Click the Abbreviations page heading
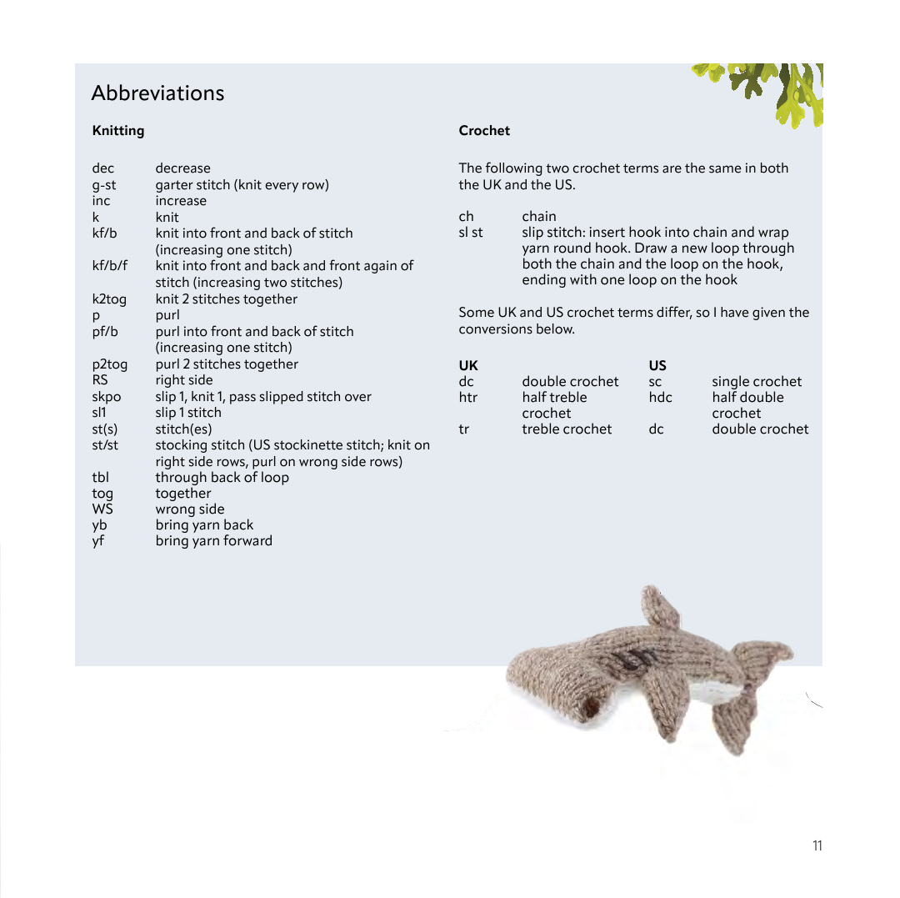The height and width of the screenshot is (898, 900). pyautogui.click(x=157, y=93)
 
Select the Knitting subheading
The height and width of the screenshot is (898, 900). pyautogui.click(x=117, y=130)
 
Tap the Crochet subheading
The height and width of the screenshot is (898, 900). pyautogui.click(x=484, y=130)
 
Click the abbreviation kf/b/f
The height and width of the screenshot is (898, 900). pyautogui.click(x=110, y=265)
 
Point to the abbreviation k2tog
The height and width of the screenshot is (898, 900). pyautogui.click(x=109, y=298)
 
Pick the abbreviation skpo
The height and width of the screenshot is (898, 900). pyautogui.click(x=106, y=396)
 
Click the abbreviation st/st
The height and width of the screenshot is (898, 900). pyautogui.click(x=105, y=444)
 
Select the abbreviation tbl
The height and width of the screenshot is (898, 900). pyautogui.click(x=100, y=477)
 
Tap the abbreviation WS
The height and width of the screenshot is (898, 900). pyautogui.click(x=102, y=509)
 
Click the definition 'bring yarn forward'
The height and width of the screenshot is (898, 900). pyautogui.click(x=213, y=540)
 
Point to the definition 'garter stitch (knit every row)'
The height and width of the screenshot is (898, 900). pyautogui.click(x=242, y=184)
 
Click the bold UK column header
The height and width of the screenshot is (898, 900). pyautogui.click(x=468, y=365)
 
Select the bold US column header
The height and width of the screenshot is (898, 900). pyautogui.click(x=657, y=365)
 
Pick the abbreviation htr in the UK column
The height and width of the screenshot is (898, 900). pyautogui.click(x=467, y=398)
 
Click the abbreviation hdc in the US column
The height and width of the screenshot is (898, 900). pyautogui.click(x=660, y=398)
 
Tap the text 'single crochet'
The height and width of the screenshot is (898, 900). pyautogui.click(x=757, y=381)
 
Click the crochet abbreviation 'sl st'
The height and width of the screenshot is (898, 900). pyautogui.click(x=470, y=232)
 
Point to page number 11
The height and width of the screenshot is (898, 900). pyautogui.click(x=817, y=845)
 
